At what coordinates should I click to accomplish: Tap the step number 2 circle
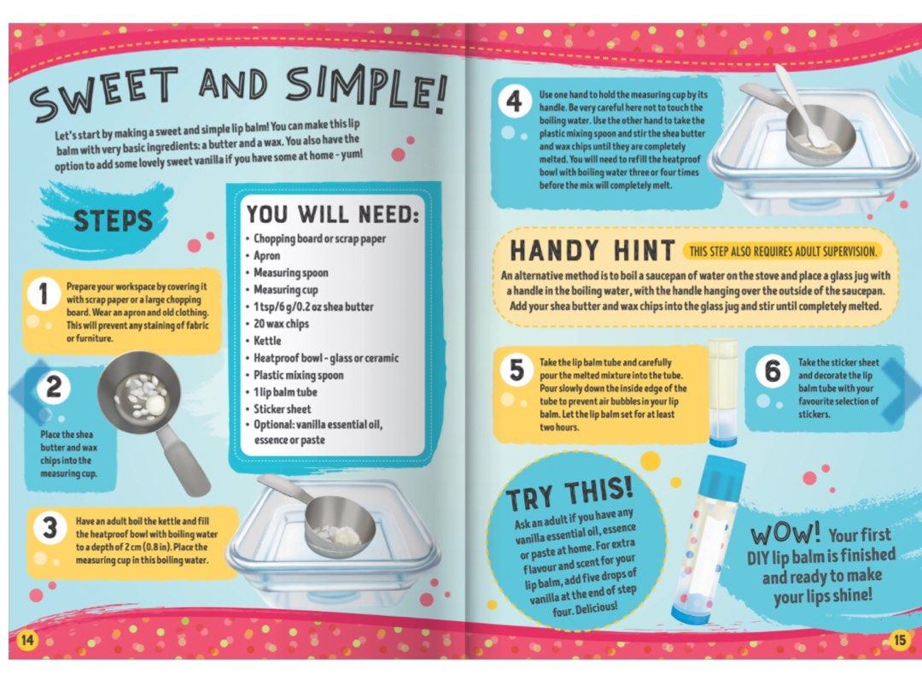pos(53,389)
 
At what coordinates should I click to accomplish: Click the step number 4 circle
pos(513,103)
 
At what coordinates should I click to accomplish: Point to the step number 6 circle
pos(773,372)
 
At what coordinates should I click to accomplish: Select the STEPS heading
pos(113,220)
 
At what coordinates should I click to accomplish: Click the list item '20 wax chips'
pos(281,324)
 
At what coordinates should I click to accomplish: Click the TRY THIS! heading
pos(569,495)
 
